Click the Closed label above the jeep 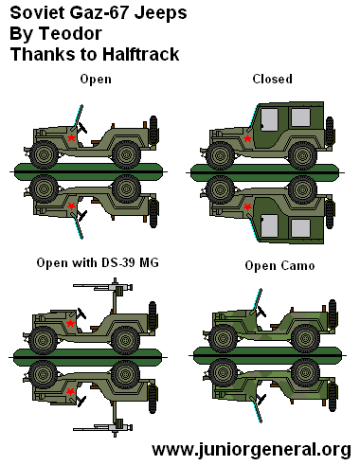coord(272,79)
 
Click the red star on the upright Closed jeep coord(248,139)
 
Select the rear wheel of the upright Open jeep coord(124,153)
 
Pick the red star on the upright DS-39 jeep coord(69,324)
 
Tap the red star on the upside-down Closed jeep coord(248,205)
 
